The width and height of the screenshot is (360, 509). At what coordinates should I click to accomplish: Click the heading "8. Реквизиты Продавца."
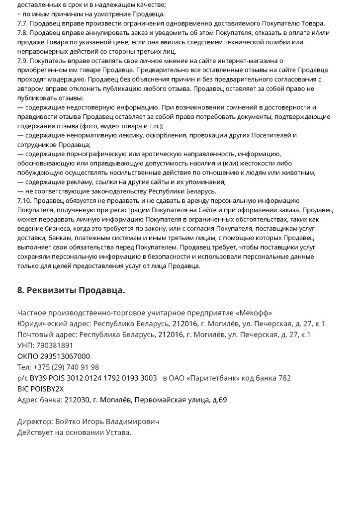(x=71, y=290)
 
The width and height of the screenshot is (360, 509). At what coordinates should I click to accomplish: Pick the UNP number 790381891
(x=55, y=345)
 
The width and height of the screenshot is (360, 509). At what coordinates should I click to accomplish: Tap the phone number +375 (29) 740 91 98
(x=66, y=367)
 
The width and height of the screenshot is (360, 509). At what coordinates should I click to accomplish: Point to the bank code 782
(x=284, y=378)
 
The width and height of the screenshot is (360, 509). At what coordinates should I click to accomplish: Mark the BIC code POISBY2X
(x=47, y=389)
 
